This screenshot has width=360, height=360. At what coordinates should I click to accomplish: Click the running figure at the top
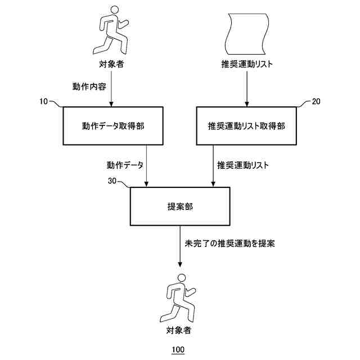point(112,29)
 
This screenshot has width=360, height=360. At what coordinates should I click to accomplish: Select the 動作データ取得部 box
point(112,125)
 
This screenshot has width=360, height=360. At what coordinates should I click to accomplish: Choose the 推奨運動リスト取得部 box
point(246,125)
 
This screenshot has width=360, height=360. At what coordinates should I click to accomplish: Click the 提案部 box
point(180,206)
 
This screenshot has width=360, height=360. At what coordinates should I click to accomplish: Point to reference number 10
point(44,101)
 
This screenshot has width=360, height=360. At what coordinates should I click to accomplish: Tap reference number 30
point(112,181)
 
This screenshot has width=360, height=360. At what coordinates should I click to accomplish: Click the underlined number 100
point(178,349)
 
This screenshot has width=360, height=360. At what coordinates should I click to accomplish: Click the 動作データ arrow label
point(125,165)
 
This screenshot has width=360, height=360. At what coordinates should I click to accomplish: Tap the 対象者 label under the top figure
point(112,64)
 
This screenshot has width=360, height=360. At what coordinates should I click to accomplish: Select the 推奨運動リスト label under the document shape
point(247,64)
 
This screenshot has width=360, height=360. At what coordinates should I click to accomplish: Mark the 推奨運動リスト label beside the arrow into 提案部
point(243,165)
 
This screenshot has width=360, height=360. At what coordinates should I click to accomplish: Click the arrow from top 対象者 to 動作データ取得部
point(112,90)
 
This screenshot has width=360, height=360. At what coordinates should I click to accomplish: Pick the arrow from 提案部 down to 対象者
point(180,247)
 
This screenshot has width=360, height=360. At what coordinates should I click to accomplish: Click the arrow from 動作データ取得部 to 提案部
point(146,166)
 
